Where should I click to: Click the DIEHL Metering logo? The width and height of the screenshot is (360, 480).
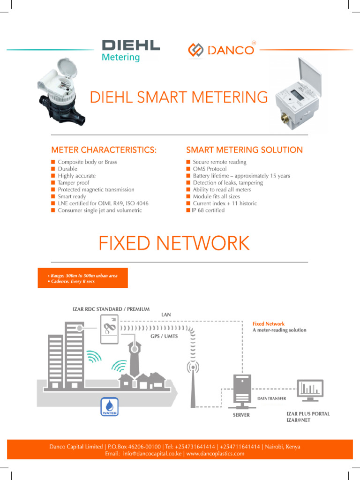point(130,51)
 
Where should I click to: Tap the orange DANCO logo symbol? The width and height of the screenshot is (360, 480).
point(195,50)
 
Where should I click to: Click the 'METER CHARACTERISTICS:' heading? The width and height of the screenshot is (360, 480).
point(104,150)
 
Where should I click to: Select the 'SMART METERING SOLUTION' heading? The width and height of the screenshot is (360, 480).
point(244,150)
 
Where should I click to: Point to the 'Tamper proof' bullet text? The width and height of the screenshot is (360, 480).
point(73,183)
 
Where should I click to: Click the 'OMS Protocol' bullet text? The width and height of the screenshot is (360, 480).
point(210,169)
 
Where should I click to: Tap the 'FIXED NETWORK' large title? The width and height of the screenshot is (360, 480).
point(173,243)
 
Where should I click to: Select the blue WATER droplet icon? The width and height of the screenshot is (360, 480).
point(109,406)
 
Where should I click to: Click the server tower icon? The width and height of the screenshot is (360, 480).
point(241,391)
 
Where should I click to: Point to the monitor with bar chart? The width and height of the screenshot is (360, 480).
point(309,390)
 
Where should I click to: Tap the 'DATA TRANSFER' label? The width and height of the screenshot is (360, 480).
point(272,398)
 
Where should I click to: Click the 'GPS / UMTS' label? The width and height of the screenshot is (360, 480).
point(164,337)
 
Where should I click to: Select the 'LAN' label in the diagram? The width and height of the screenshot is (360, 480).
point(166,314)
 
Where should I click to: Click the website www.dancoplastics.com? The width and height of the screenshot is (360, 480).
point(215,454)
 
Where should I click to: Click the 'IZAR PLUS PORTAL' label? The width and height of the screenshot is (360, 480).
point(308,414)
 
